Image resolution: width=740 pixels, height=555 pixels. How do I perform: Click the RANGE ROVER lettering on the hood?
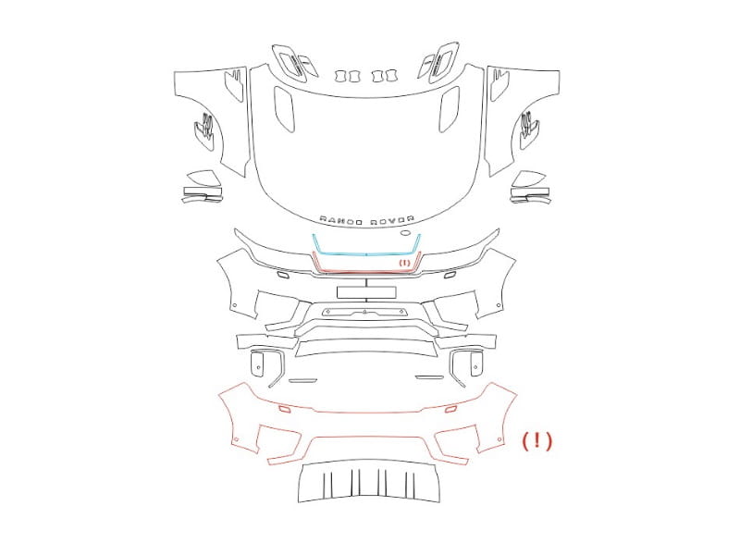367,219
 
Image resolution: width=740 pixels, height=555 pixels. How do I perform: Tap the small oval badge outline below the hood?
406,233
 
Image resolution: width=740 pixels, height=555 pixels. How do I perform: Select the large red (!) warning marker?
537,441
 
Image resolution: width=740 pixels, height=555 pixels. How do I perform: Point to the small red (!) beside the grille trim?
405,263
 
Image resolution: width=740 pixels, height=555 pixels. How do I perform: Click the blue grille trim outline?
366,254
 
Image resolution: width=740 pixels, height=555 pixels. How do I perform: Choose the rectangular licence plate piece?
366,292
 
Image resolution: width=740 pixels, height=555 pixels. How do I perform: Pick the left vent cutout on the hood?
284,108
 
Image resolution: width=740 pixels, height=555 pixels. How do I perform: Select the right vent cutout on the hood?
450,108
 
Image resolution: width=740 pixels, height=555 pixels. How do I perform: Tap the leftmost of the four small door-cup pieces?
340,76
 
